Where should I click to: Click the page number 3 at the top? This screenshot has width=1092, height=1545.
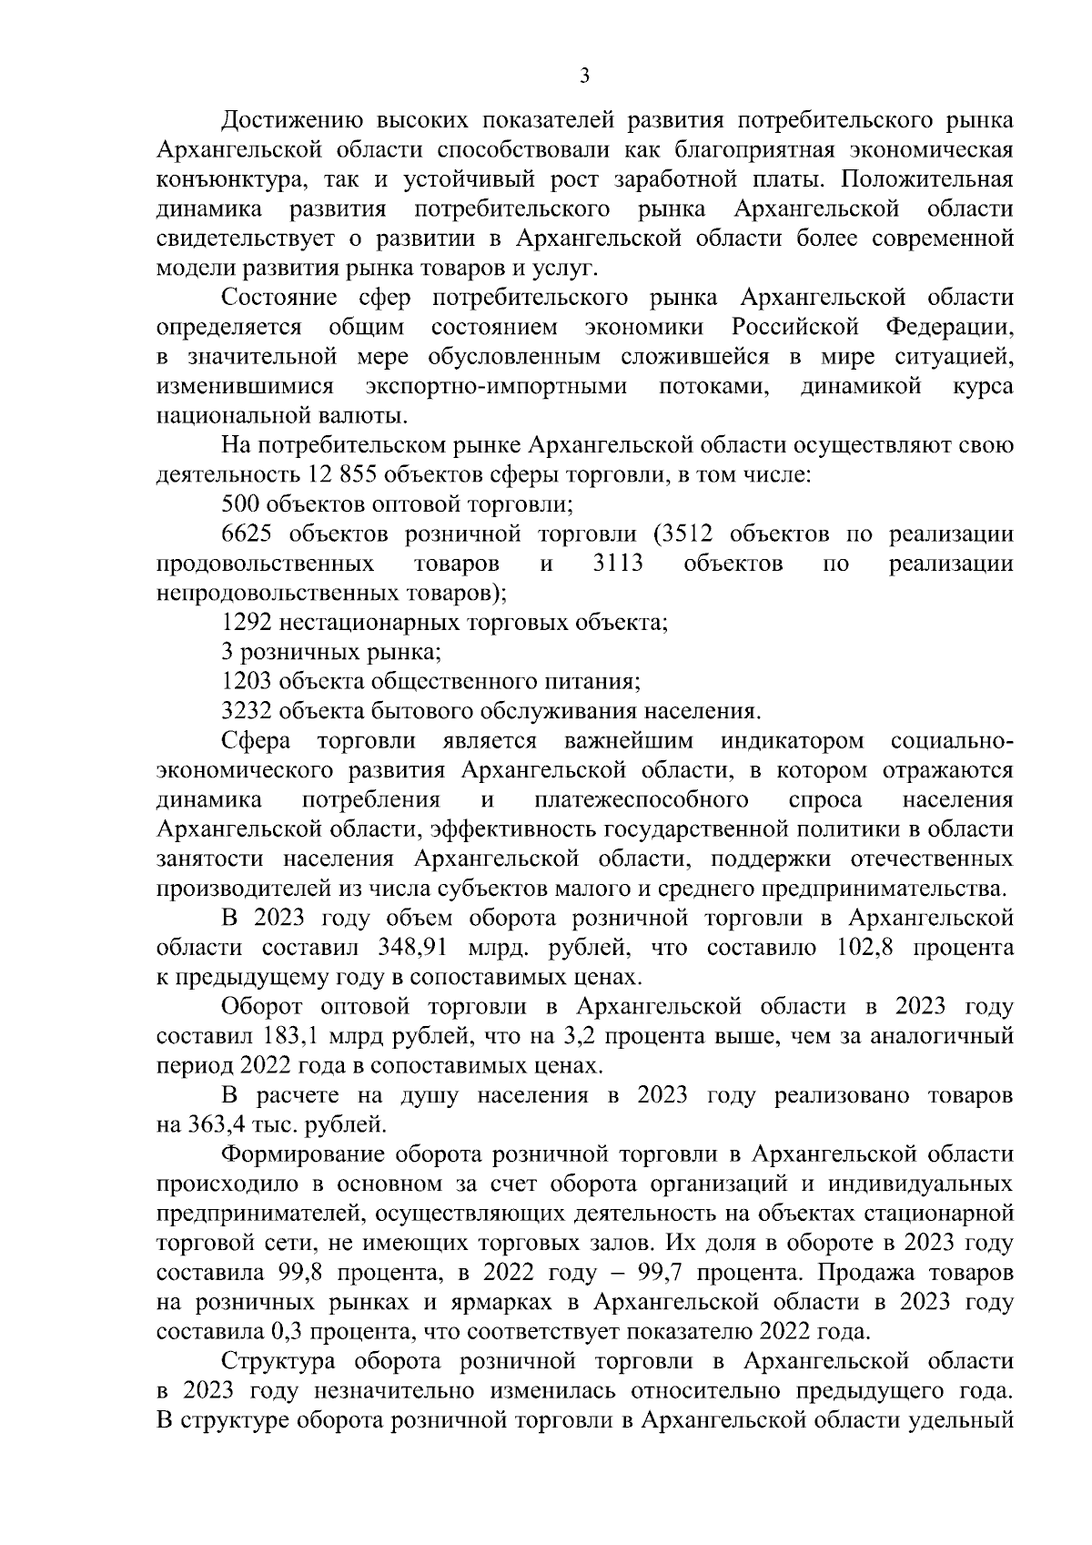pyautogui.click(x=584, y=76)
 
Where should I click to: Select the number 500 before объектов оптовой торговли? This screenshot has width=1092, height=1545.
pyautogui.click(x=241, y=504)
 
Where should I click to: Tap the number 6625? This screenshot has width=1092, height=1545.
pyautogui.click(x=248, y=534)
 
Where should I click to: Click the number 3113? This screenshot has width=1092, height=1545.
pyautogui.click(x=617, y=564)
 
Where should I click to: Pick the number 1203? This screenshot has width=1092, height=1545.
pyautogui.click(x=248, y=682)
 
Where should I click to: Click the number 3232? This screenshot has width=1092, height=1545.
pyautogui.click(x=248, y=712)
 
